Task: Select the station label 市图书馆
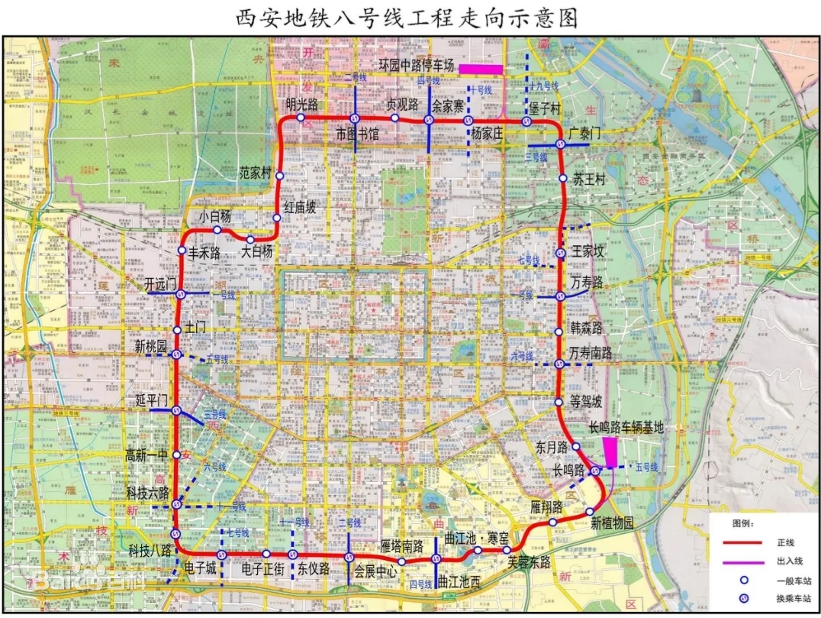click(357, 134)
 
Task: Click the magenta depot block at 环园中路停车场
click(480, 69)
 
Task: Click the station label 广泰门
click(585, 133)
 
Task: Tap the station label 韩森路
click(586, 328)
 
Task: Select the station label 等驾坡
click(586, 402)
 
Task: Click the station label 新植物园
click(612, 524)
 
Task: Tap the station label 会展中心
click(375, 569)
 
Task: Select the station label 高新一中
click(146, 455)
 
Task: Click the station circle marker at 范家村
click(280, 176)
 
